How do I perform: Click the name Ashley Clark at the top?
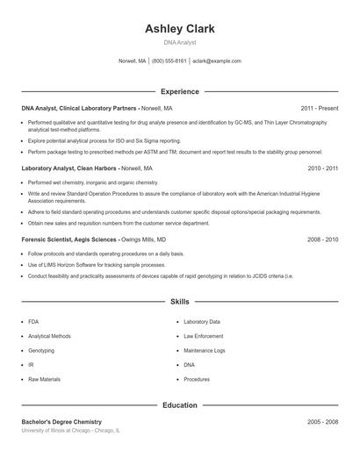(180, 29)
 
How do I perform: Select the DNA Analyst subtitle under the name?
(180, 42)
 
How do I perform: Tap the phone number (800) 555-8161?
(169, 61)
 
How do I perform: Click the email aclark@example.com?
(216, 61)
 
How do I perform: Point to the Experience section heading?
(180, 91)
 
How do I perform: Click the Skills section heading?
(180, 301)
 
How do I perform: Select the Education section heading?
(180, 405)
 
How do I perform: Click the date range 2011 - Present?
(320, 108)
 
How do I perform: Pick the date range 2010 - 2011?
(323, 168)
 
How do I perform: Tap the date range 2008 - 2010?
(323, 239)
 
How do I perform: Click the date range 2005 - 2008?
(323, 422)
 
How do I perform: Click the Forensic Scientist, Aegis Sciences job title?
(79, 239)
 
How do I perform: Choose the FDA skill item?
(33, 322)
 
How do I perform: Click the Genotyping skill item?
(40, 350)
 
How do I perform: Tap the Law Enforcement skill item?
(204, 336)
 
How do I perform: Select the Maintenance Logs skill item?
(205, 350)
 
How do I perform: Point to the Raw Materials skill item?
(44, 379)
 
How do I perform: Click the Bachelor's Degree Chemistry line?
(61, 422)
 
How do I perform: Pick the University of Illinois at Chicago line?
(71, 431)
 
